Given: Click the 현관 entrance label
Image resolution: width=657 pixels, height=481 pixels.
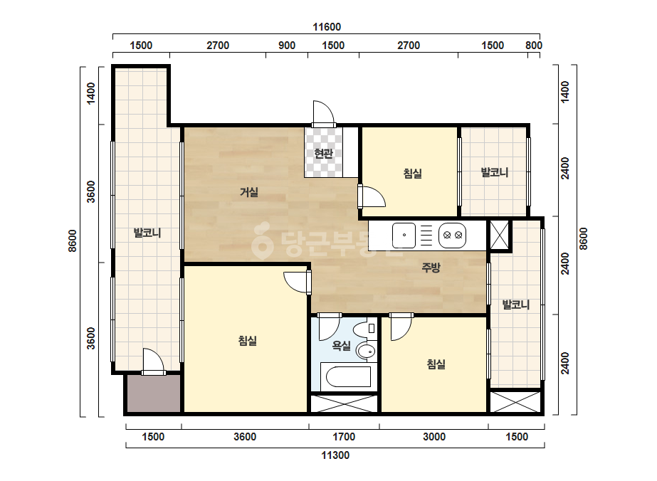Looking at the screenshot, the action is click(323, 154).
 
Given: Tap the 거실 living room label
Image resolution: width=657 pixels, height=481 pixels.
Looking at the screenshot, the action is click(249, 192).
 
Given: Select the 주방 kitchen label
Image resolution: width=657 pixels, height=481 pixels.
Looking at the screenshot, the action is click(431, 268).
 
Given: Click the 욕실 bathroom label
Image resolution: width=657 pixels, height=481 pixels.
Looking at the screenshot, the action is click(342, 346).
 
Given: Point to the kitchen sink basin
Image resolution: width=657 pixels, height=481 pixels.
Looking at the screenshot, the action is click(404, 236).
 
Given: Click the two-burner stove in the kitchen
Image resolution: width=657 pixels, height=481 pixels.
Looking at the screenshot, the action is click(453, 236).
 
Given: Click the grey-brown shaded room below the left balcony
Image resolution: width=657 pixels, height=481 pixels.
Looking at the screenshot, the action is click(154, 393).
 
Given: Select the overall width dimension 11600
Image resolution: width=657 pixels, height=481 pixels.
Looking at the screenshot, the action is click(327, 27).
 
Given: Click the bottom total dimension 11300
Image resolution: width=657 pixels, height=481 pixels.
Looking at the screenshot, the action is click(335, 455).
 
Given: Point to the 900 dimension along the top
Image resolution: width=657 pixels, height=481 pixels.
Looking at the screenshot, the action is click(287, 46).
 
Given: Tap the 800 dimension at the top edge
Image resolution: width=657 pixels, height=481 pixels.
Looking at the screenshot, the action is click(534, 46).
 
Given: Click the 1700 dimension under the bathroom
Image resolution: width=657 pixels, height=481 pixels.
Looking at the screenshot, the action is click(344, 437).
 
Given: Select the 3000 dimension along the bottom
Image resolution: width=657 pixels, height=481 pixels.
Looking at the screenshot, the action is click(434, 437).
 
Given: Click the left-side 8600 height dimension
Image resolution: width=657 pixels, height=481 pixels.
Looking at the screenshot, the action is click(73, 241).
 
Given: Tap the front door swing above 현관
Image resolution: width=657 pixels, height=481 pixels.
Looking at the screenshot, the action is click(323, 113).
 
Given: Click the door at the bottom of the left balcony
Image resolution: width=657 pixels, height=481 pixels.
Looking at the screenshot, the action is click(153, 361).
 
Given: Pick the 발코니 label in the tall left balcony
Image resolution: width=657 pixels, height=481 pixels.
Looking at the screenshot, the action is click(147, 233).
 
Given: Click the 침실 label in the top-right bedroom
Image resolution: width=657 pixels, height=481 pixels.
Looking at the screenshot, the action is click(413, 174).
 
